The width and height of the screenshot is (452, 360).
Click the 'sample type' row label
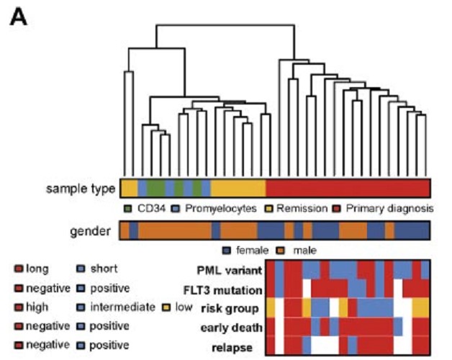click(x=80, y=189)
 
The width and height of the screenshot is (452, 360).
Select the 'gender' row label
click(x=89, y=231)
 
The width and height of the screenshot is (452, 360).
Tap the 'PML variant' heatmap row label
click(x=229, y=270)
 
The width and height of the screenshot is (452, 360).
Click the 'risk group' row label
click(x=234, y=309)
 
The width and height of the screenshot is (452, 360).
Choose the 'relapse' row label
click(x=240, y=348)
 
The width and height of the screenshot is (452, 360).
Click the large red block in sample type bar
click(x=348, y=189)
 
